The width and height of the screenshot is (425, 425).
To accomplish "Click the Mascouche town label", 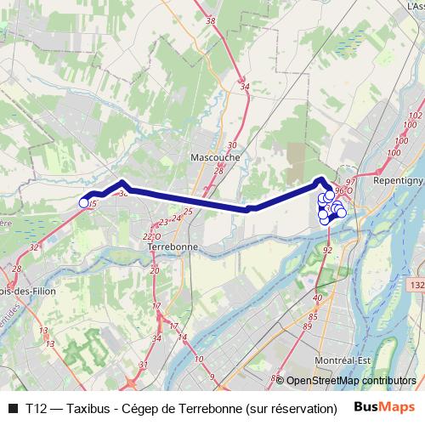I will coord(215,157).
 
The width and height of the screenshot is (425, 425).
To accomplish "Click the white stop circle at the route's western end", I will coord(83,202).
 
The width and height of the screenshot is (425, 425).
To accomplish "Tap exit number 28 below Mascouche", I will coord(218,171).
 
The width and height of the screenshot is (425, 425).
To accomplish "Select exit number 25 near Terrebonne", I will coord(188,212).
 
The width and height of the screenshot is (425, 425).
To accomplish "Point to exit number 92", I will coord(328,250).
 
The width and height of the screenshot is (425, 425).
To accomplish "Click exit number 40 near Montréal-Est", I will coord(317,297).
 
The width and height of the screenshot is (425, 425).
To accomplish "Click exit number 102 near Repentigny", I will coord(416,115).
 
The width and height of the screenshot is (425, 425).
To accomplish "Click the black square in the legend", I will coord(12,407).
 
